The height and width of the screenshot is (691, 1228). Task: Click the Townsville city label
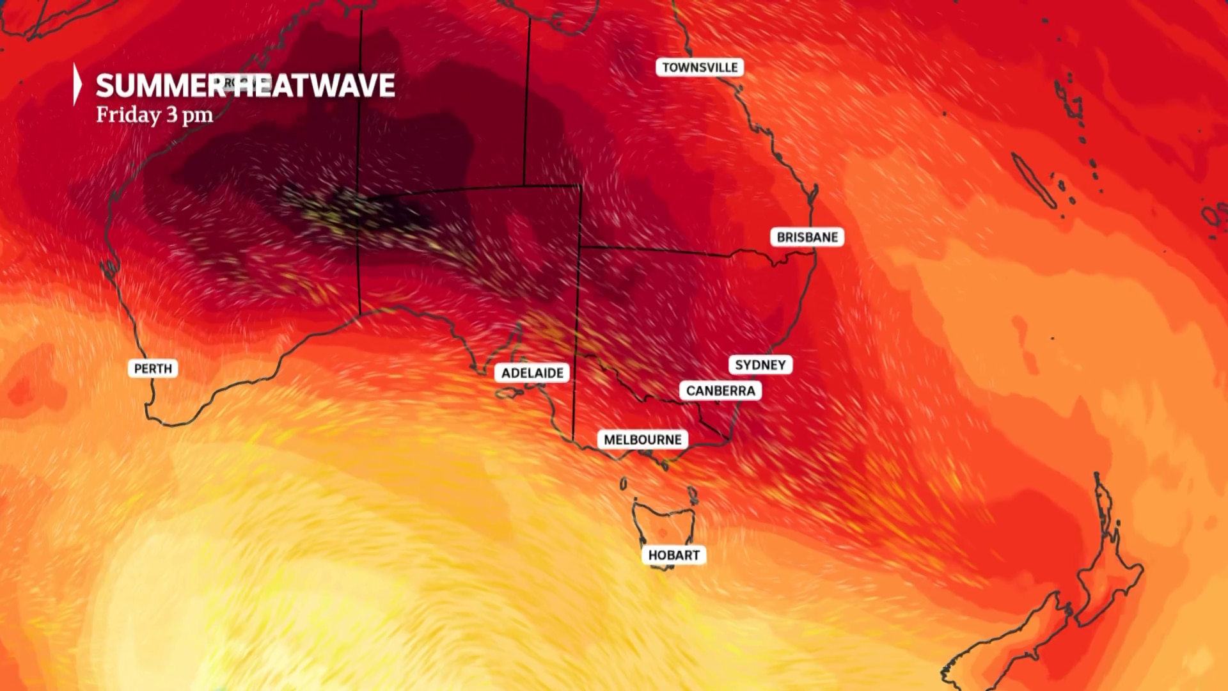(700, 67)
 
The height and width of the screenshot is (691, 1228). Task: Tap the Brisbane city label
(807, 237)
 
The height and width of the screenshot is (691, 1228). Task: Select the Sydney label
(760, 365)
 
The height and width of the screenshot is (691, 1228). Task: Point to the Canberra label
(720, 390)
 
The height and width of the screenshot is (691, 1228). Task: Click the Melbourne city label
(643, 440)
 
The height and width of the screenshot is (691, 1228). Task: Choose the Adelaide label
(532, 373)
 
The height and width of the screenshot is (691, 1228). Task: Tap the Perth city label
(153, 369)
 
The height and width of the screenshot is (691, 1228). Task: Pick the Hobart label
(673, 555)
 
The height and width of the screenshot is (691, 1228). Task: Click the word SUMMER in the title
(160, 86)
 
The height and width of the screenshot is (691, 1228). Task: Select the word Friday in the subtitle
(129, 115)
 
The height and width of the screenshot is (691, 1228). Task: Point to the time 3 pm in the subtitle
(189, 115)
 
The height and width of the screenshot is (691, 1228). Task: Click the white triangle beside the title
(77, 84)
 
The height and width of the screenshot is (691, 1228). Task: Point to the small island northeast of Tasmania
(692, 493)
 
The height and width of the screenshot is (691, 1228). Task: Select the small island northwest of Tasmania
(624, 484)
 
